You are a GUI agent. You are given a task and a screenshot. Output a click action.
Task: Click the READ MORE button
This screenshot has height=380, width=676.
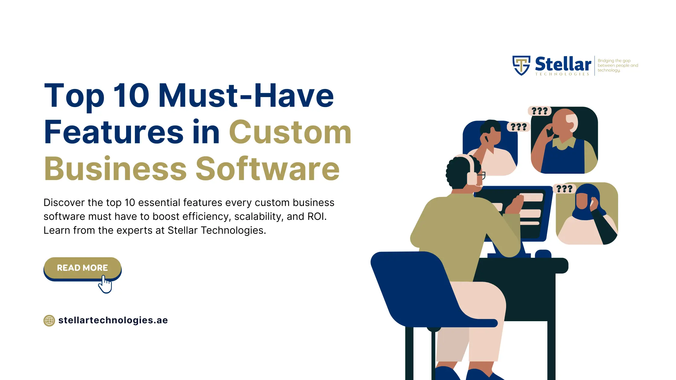pyautogui.click(x=82, y=268)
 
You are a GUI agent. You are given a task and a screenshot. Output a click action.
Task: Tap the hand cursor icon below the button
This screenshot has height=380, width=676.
pyautogui.click(x=105, y=285)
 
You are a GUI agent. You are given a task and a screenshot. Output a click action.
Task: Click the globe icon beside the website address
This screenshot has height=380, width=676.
pyautogui.click(x=49, y=321)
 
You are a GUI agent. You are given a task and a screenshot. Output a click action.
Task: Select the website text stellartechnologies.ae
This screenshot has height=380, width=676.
pyautogui.click(x=113, y=320)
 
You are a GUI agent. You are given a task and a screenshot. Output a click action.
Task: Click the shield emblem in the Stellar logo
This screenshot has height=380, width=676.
pyautogui.click(x=521, y=65)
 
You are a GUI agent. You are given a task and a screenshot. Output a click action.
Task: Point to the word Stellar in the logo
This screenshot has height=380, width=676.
pyautogui.click(x=563, y=64)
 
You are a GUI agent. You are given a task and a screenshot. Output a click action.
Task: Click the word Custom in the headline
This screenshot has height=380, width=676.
pyautogui.click(x=290, y=132)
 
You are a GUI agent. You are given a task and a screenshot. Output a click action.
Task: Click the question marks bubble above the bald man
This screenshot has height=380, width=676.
pyautogui.click(x=540, y=111)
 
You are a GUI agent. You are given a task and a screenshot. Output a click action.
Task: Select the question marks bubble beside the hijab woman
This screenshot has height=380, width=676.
pyautogui.click(x=564, y=189)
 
